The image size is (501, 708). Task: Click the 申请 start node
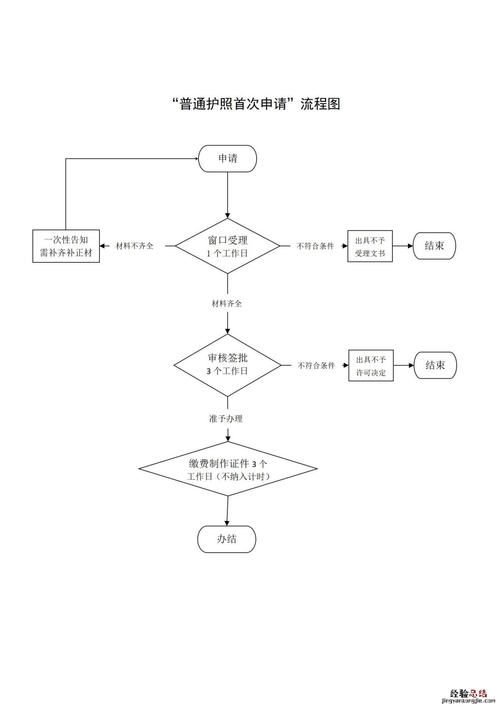(x=227, y=159)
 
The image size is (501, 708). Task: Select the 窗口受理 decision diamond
(x=227, y=246)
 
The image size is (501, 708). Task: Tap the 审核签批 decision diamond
(x=227, y=365)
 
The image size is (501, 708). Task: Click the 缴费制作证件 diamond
(x=228, y=469)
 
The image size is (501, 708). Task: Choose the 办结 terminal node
(x=227, y=539)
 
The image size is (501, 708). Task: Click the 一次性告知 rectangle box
(x=66, y=246)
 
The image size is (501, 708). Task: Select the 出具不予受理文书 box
(x=370, y=247)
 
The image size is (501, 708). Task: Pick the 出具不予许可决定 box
(x=371, y=366)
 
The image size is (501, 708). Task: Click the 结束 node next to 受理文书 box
(x=434, y=246)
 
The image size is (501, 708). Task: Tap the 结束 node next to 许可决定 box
(x=435, y=365)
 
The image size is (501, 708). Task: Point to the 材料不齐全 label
(x=134, y=246)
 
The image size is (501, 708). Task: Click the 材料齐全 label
(x=227, y=304)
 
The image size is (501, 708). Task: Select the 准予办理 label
(x=226, y=419)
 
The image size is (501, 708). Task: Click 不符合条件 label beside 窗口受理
(x=315, y=246)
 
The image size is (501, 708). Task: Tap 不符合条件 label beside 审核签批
(x=316, y=366)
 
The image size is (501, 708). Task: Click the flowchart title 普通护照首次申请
(x=256, y=104)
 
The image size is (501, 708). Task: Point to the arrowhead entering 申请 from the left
(x=196, y=159)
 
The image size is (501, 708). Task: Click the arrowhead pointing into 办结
(x=227, y=523)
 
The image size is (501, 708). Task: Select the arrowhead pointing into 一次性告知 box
(x=103, y=246)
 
